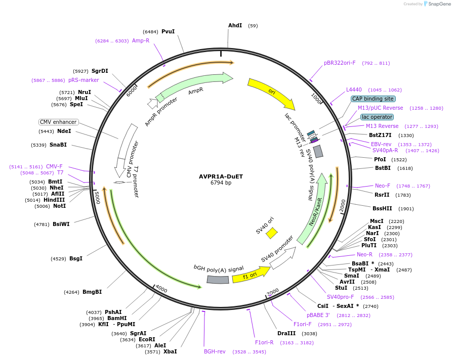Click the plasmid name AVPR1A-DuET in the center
[x=221, y=176]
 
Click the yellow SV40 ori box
[x=272, y=233]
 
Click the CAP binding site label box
[x=373, y=99]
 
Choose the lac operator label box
[x=377, y=117]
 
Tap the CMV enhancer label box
[x=59, y=122]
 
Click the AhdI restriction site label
[x=235, y=25]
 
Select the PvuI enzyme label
[x=168, y=31]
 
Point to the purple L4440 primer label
[x=354, y=89]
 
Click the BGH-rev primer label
[x=215, y=351]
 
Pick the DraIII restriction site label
[x=286, y=333]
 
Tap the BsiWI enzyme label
[x=61, y=224]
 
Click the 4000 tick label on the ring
[x=161, y=289]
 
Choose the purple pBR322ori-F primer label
[x=340, y=63]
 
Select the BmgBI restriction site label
[x=93, y=292]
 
